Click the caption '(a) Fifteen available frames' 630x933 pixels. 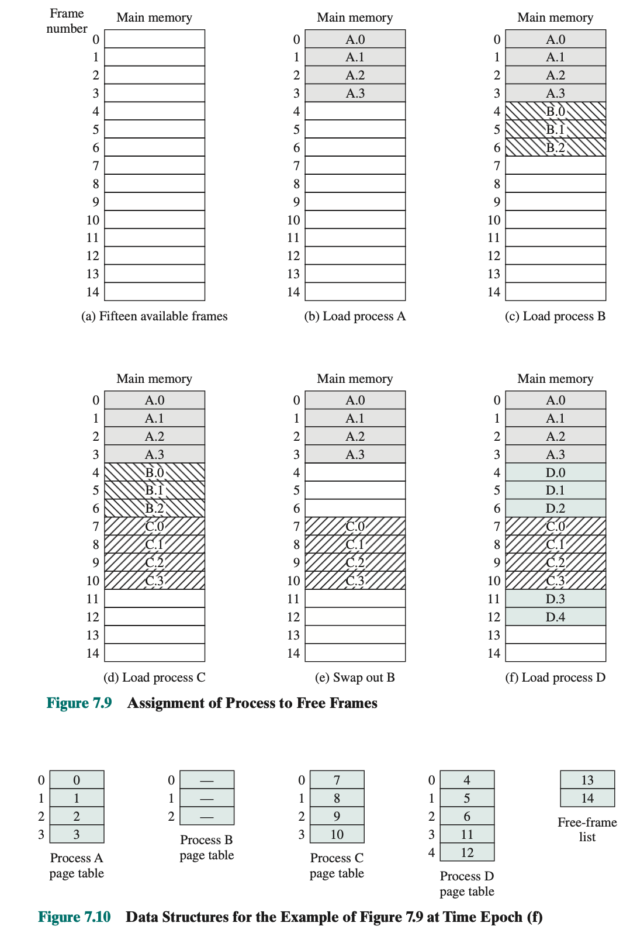coord(154,316)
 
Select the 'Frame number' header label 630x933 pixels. coord(67,21)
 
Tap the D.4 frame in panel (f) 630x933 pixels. coord(555,617)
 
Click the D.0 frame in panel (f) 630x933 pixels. coord(555,472)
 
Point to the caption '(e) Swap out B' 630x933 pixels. coord(355,678)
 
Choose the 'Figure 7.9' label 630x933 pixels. coord(79,703)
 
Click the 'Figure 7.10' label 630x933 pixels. coord(74,917)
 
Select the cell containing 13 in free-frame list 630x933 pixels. coord(587,780)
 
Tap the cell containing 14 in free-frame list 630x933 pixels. coord(587,798)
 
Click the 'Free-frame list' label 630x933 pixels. coord(587,830)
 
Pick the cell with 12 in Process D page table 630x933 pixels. coord(467,852)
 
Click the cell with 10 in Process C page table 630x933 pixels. coord(337,834)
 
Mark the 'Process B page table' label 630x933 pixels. coord(206,848)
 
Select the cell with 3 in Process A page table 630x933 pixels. coord(77,834)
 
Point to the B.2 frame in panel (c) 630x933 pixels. coord(555,147)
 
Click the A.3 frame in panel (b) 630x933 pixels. coord(355,93)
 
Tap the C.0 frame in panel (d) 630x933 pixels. coord(154,526)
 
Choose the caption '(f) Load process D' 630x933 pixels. coord(555,678)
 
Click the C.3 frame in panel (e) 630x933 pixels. coord(355,580)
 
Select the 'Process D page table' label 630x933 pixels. coord(467,884)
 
